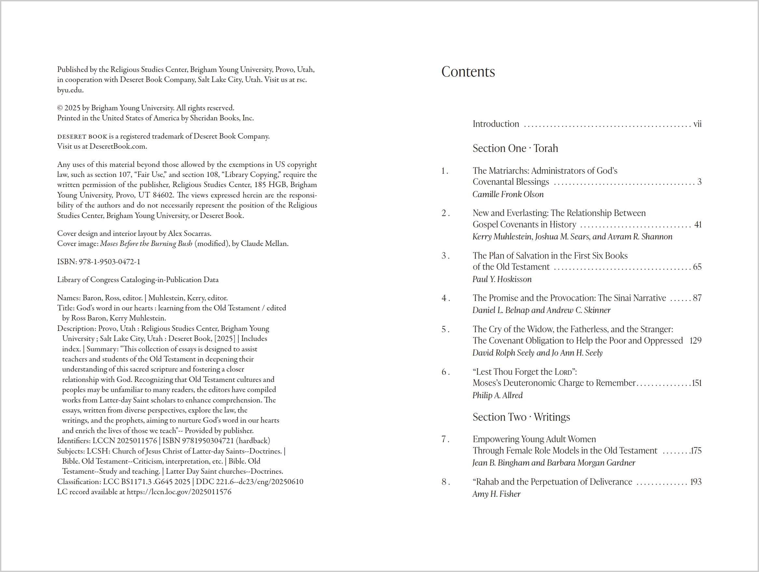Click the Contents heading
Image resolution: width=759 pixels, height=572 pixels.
468,72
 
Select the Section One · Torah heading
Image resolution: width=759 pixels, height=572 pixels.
515,148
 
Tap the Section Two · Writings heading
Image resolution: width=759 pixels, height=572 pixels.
521,417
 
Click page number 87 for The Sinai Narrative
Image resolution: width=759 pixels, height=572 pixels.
697,298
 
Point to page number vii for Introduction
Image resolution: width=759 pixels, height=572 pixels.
697,124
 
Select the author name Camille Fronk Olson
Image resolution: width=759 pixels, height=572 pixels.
508,194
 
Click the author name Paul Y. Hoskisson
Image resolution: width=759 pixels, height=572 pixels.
502,279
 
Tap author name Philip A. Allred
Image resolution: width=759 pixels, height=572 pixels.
497,395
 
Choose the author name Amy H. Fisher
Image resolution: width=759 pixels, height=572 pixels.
496,494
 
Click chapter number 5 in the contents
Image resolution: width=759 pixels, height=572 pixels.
444,329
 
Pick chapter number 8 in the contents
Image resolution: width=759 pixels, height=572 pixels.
444,482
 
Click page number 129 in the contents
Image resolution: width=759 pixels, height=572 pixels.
695,341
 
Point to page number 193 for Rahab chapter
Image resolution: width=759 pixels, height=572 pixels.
696,482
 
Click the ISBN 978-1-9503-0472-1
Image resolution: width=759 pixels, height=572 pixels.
110,262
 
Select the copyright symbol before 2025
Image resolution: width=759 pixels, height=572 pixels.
60,108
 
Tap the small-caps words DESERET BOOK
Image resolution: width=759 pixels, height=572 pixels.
82,137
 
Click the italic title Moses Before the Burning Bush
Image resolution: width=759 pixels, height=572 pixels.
146,244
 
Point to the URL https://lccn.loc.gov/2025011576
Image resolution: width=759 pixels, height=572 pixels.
179,492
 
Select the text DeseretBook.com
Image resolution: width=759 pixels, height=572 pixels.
118,146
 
